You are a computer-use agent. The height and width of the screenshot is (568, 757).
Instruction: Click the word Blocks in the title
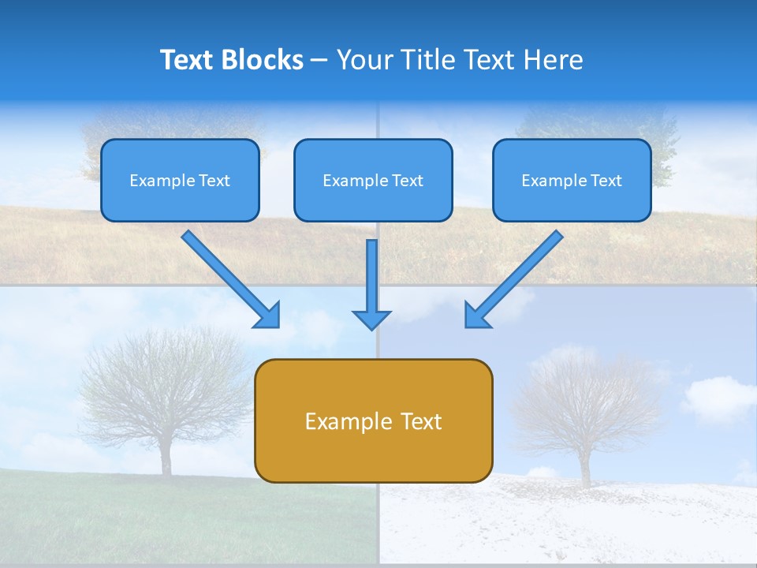tap(263, 59)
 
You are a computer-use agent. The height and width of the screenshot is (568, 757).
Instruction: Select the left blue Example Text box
tap(180, 180)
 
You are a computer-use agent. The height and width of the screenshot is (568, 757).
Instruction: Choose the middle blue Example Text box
tap(373, 180)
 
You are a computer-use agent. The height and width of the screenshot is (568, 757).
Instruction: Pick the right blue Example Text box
tap(572, 180)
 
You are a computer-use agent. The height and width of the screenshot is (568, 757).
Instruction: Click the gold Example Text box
tap(374, 420)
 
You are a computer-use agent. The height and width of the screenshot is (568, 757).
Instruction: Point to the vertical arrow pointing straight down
tap(371, 285)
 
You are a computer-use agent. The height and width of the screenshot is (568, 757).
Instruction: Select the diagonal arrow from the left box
tap(231, 279)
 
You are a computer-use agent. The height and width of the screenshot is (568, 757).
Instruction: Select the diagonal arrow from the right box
tap(514, 279)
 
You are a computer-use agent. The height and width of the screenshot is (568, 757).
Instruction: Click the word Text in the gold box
tap(421, 421)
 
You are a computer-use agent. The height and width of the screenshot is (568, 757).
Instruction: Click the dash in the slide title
tap(319, 61)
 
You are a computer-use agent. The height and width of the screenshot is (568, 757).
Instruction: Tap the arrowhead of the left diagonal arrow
tap(268, 317)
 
